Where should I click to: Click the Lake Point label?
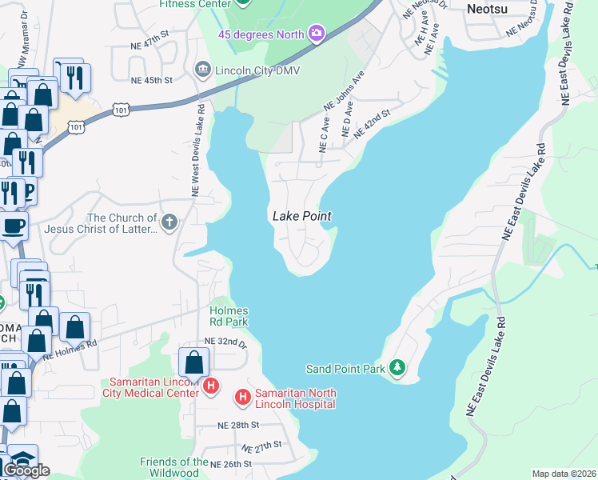point(301,216)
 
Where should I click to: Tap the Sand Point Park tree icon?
point(398,368)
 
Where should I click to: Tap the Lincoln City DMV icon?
point(202,69)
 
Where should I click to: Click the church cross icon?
point(169,222)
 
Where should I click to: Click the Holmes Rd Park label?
point(229,316)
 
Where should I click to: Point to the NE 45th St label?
point(153,80)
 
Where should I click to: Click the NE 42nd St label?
point(371,124)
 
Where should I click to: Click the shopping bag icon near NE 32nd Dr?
point(194,362)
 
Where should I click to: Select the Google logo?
point(26,470)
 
